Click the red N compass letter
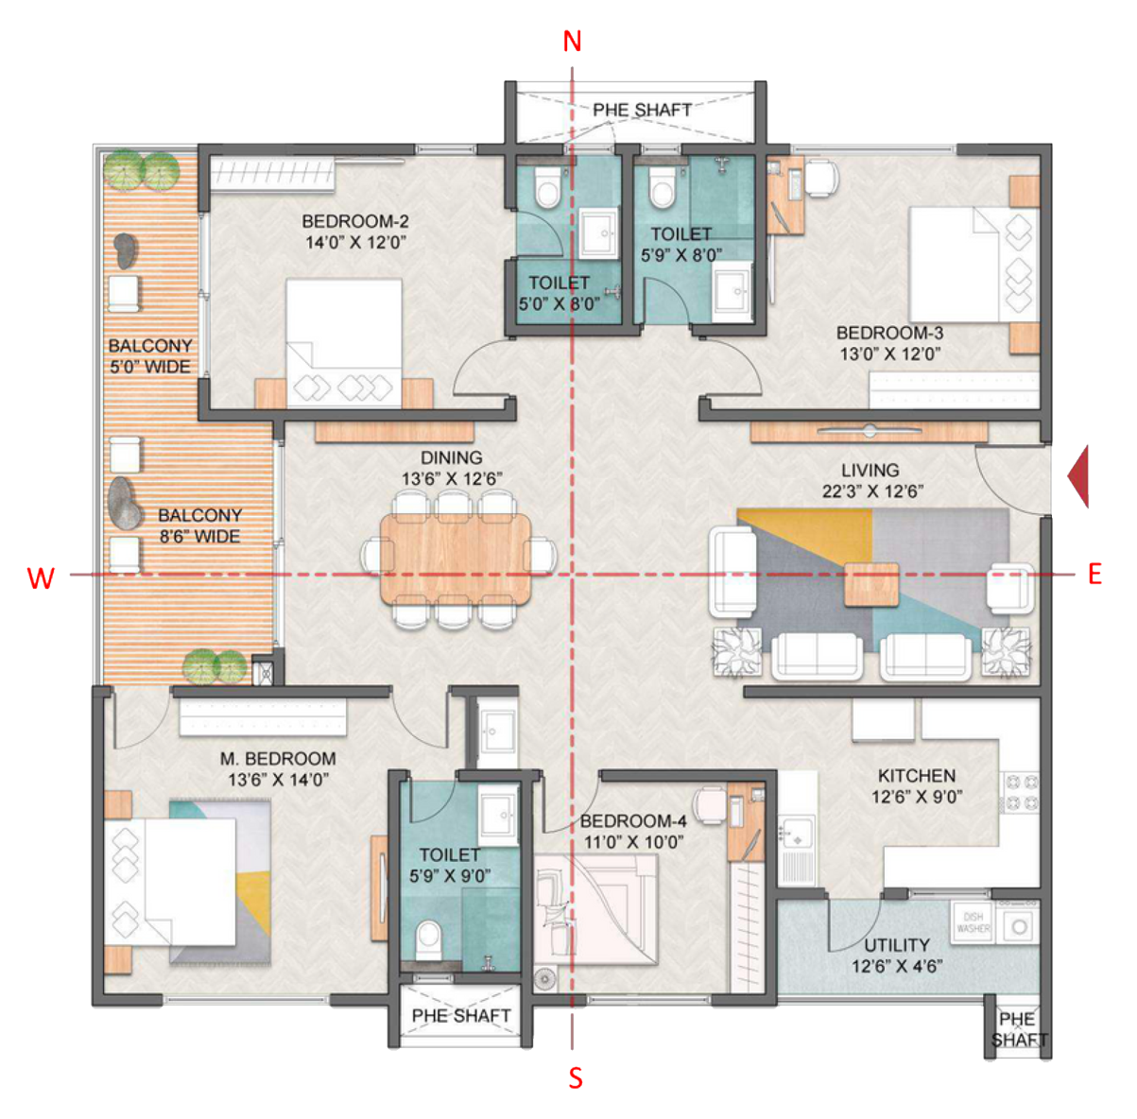[x=572, y=42]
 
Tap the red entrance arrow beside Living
[x=1078, y=476]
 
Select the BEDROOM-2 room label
[x=354, y=221]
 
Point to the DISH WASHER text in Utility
[x=973, y=922]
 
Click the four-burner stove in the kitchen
[x=1021, y=793]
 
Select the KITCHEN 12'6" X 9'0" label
[x=916, y=785]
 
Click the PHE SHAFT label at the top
[x=642, y=110]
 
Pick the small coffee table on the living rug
[x=870, y=583]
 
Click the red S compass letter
[x=575, y=1077]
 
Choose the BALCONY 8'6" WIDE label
[x=199, y=525]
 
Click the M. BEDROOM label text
[x=278, y=759]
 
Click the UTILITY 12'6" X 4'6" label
[x=896, y=955]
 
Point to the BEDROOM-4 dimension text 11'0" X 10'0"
[x=632, y=842]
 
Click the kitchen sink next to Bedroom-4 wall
[x=797, y=835]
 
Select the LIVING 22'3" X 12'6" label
[x=870, y=480]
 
